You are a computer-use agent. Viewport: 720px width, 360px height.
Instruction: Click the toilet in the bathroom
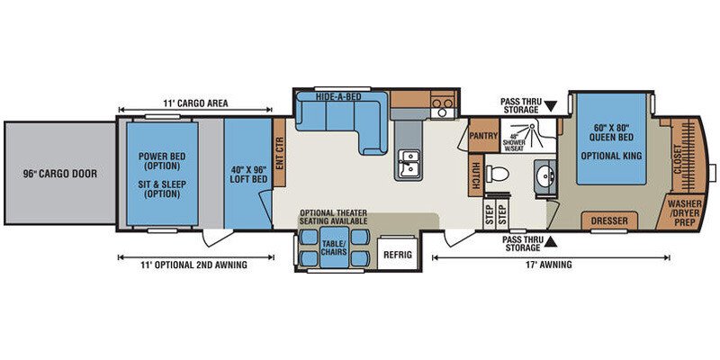pyautogui.click(x=498, y=174)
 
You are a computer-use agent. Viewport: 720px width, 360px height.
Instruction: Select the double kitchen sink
pyautogui.click(x=409, y=163)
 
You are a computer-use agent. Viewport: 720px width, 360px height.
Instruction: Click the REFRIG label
pyautogui.click(x=398, y=255)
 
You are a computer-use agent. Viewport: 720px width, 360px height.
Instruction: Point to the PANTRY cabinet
pyautogui.click(x=484, y=136)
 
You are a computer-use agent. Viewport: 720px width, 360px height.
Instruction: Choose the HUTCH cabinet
pyautogui.click(x=476, y=175)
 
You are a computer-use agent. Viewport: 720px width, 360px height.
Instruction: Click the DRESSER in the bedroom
pyautogui.click(x=609, y=220)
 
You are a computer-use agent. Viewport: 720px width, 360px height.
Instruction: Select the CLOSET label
pyautogui.click(x=677, y=160)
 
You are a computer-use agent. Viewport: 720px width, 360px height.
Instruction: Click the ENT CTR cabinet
pyautogui.click(x=279, y=153)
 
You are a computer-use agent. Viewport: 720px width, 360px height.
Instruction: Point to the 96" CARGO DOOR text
pyautogui.click(x=60, y=174)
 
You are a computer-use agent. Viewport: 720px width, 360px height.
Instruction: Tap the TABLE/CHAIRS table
pyautogui.click(x=334, y=247)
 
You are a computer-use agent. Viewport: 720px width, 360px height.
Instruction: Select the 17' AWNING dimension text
pyautogui.click(x=551, y=264)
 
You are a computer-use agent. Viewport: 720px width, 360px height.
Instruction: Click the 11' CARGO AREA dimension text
pyautogui.click(x=195, y=103)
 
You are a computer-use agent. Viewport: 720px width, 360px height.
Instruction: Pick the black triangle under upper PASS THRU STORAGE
pyautogui.click(x=551, y=103)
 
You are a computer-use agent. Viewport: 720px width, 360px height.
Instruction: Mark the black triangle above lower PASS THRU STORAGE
pyautogui.click(x=551, y=241)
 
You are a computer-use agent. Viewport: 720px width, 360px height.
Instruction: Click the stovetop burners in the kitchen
pyautogui.click(x=443, y=103)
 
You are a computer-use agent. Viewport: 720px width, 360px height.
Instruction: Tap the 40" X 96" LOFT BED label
pyautogui.click(x=248, y=174)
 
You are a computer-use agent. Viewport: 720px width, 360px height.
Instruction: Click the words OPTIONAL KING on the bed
pyautogui.click(x=611, y=156)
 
